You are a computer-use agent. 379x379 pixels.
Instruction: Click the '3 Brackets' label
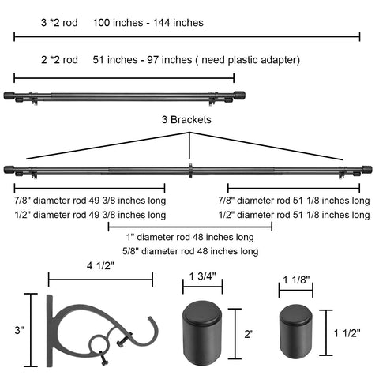pos(186,120)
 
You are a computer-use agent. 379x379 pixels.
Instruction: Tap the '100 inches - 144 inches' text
pos(148,23)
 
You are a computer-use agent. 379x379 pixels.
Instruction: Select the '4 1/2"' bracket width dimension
pos(100,266)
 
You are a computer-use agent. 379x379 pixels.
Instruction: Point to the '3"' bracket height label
pos(19,330)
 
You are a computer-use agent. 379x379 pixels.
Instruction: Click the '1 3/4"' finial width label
pos(202,276)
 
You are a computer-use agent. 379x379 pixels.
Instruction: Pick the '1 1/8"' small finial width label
pos(296,280)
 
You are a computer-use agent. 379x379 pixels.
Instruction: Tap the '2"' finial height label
pos(249,334)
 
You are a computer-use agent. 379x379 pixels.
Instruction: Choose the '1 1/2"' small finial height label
pos(347,333)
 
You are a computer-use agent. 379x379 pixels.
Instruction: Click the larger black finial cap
pos(202,333)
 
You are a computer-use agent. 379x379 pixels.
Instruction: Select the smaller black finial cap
pos(296,332)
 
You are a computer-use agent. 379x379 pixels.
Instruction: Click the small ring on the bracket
pos(99,344)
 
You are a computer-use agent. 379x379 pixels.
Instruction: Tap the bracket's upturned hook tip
pos(151,318)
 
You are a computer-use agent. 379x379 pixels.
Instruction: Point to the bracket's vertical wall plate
pos(50,331)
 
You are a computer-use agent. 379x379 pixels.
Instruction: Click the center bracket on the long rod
pos(190,171)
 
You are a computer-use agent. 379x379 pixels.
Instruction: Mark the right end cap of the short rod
pos(239,96)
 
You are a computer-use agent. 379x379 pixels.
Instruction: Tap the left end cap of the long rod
pos(9,170)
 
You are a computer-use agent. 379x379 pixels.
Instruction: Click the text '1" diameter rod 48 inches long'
pos(190,237)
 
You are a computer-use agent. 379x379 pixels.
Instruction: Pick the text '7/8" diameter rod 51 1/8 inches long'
pos(294,201)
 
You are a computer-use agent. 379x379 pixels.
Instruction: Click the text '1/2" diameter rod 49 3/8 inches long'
pos(90,215)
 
